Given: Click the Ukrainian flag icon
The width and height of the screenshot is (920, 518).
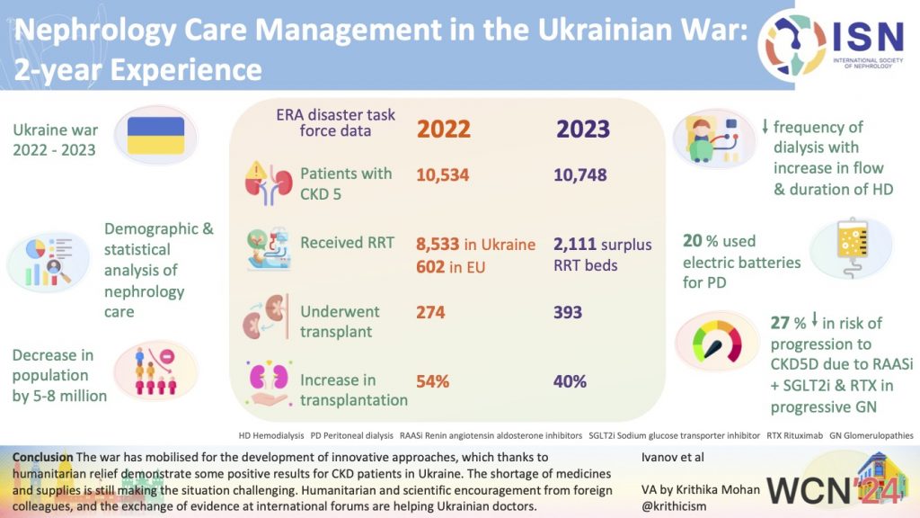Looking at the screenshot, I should (x=155, y=135).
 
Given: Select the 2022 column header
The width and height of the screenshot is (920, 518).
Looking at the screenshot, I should (x=444, y=128).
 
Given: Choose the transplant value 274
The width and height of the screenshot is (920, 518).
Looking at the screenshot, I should (x=431, y=312).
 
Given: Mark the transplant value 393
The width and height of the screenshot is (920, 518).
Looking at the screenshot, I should (x=569, y=312).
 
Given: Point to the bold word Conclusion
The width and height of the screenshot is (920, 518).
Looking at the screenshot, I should (x=42, y=458).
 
